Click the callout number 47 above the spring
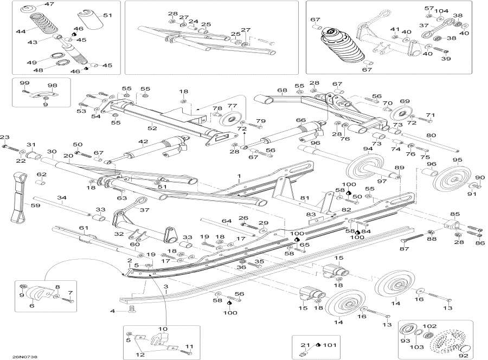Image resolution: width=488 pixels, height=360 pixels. click(49, 4)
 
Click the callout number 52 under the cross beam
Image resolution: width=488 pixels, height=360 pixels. click(152, 128)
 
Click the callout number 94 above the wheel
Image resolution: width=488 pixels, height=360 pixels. click(368, 149)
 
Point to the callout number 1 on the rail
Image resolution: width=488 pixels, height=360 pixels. click(238, 177)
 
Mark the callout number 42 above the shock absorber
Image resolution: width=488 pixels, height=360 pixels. click(143, 142)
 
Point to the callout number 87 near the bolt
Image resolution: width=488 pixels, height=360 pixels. click(403, 248)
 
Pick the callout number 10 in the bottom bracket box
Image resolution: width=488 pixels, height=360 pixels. click(163, 329)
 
